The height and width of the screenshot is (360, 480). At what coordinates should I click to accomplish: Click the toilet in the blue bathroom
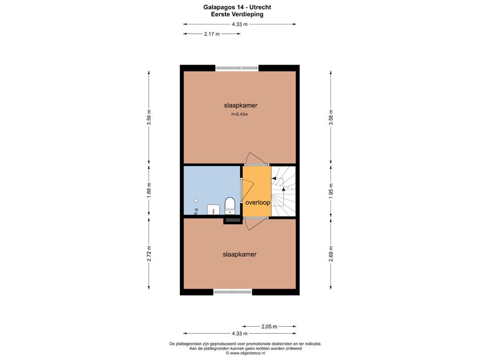(x=230, y=206)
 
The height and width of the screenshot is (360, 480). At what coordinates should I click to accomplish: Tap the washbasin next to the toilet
(x=213, y=210)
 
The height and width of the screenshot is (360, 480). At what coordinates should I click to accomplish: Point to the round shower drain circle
(x=196, y=201)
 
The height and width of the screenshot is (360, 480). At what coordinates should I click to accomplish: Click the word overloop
(x=258, y=202)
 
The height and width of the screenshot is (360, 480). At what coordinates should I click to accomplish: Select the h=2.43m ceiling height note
(x=240, y=114)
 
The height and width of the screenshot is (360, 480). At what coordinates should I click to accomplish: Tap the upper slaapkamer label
(x=240, y=105)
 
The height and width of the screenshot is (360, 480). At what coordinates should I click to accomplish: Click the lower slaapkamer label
(x=240, y=255)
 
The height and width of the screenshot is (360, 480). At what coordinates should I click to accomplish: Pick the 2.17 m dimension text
(x=212, y=34)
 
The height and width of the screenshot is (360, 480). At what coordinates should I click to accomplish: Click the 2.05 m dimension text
(x=269, y=327)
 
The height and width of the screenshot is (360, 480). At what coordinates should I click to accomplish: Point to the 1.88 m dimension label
(x=149, y=190)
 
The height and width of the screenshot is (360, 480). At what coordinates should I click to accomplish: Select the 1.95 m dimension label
(x=331, y=191)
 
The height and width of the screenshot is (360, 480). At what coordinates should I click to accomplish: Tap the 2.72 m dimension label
(x=149, y=254)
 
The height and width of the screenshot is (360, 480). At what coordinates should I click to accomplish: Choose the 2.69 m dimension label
(x=331, y=254)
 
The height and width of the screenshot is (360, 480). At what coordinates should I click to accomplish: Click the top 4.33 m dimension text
(x=240, y=24)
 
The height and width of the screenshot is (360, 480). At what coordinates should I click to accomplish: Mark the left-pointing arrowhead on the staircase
(x=274, y=178)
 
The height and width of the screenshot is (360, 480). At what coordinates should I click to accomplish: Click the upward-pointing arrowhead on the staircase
(x=284, y=189)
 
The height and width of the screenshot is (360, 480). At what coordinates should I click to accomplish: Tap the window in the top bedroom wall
(x=237, y=68)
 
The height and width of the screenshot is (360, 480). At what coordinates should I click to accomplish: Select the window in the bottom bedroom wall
(x=232, y=292)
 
